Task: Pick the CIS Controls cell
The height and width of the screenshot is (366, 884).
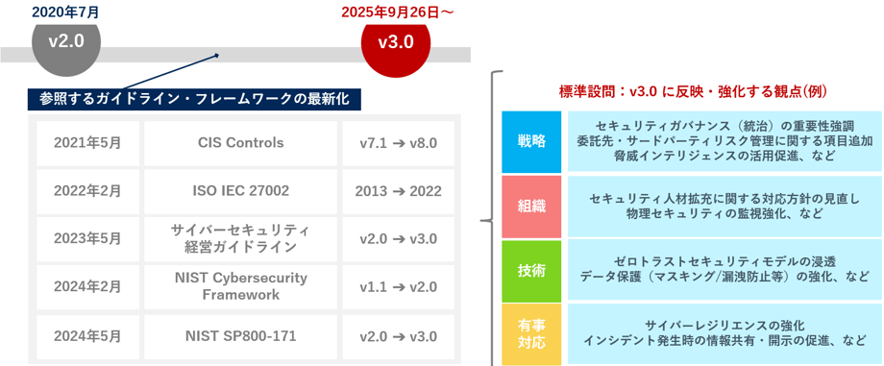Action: [x=240, y=143]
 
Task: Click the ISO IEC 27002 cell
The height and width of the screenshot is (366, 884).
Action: [x=240, y=191]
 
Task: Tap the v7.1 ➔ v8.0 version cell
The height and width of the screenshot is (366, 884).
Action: [x=399, y=143]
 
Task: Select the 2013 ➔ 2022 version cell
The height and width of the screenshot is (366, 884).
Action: [x=399, y=191]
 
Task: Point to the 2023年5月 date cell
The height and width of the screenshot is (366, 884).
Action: [x=87, y=238]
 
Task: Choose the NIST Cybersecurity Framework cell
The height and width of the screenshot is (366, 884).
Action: [x=240, y=286]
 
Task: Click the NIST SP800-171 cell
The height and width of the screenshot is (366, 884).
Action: [x=240, y=336]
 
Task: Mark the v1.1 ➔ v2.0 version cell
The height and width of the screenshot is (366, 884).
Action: [x=399, y=286]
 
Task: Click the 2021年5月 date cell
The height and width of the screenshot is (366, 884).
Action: [x=87, y=143]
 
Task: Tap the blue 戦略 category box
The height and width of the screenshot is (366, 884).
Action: [x=531, y=141]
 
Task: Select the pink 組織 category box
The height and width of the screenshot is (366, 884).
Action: [x=531, y=207]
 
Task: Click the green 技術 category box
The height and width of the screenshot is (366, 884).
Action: [x=531, y=271]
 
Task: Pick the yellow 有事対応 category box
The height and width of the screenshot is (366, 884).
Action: [x=531, y=333]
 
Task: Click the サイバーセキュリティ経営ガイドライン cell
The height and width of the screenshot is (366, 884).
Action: [x=240, y=238]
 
